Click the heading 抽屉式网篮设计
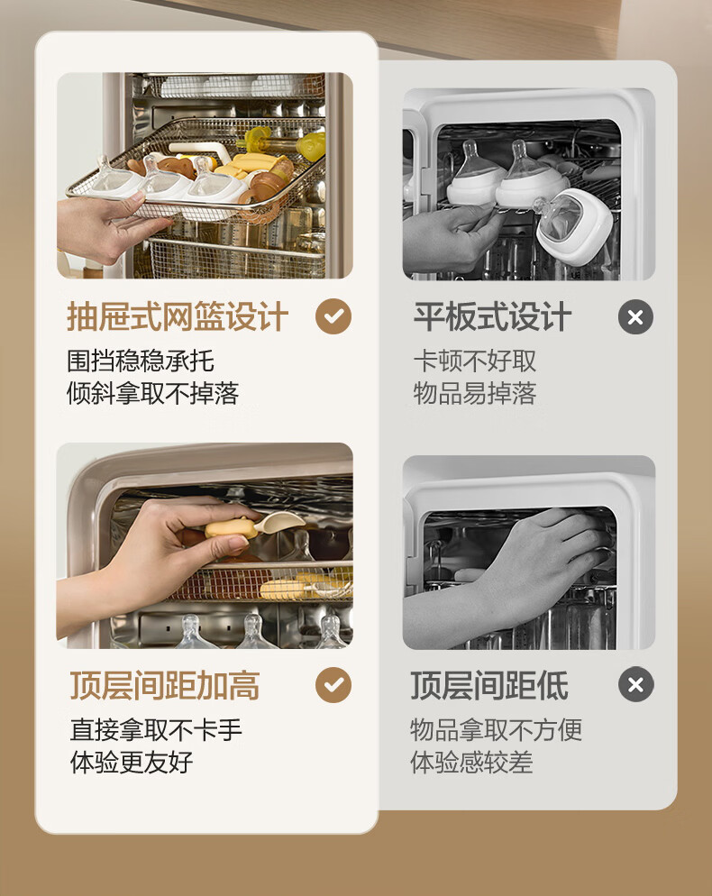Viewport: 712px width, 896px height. [x=178, y=316]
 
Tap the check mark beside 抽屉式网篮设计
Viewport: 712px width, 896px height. [x=333, y=316]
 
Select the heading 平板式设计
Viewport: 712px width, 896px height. [x=492, y=316]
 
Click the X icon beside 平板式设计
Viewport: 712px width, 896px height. [x=635, y=316]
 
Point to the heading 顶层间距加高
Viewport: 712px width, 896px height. [x=165, y=685]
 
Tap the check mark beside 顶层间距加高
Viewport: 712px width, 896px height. [x=333, y=684]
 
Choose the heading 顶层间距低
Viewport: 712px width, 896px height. [x=489, y=685]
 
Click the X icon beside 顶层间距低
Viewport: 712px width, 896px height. [x=635, y=684]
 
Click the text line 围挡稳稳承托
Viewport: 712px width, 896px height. [x=141, y=361]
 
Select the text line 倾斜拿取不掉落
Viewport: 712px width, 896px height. [x=152, y=393]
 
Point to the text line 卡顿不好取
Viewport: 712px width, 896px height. [x=475, y=361]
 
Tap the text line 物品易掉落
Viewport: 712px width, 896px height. [x=475, y=393]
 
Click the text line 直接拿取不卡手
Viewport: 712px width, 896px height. [x=156, y=729]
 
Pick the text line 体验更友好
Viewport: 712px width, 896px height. [x=132, y=762]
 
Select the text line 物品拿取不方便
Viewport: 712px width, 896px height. [x=496, y=729]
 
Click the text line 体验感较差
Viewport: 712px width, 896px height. [x=471, y=762]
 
